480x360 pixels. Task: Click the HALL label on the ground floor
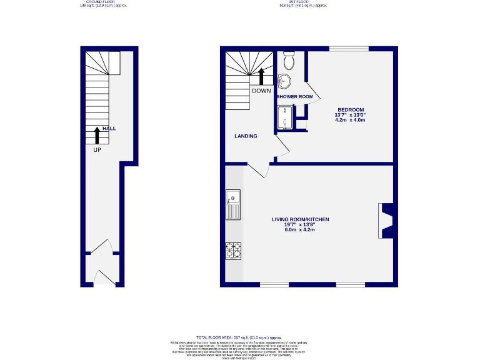[x=109, y=128]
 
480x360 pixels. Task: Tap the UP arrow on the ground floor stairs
[x=97, y=135]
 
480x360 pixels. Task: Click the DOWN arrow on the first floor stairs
[x=261, y=75]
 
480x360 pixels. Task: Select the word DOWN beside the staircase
[x=261, y=91]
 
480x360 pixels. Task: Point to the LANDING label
[x=246, y=136]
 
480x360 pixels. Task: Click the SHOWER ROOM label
[x=295, y=97]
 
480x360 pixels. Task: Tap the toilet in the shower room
[x=289, y=61]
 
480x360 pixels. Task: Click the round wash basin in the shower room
[x=285, y=81]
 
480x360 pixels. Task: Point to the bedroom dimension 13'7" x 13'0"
[x=350, y=114]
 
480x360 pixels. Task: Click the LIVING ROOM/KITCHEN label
[x=300, y=219]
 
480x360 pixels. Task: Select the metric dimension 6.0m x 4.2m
[x=300, y=230]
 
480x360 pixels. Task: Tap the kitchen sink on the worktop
[x=233, y=204]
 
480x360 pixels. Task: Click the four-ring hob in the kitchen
[x=233, y=250]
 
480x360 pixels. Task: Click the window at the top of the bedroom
[x=349, y=48]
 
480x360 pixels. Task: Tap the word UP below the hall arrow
[x=97, y=149]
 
